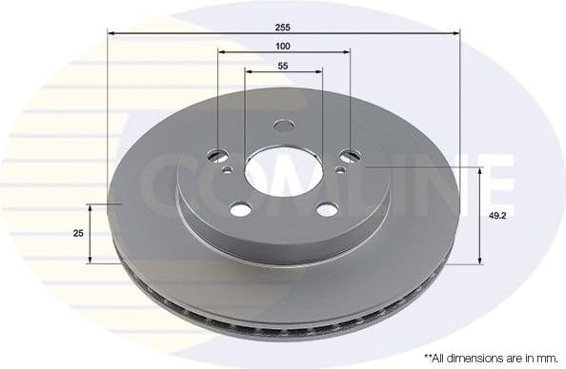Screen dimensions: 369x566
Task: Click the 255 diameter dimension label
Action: click(x=282, y=23)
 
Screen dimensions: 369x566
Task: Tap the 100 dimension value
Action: click(x=283, y=46)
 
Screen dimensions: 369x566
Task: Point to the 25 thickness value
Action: click(x=77, y=233)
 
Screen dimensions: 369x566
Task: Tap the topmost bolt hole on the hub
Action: click(x=284, y=126)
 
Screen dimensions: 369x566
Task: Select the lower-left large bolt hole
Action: click(x=240, y=209)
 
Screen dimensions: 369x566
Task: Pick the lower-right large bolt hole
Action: click(x=326, y=210)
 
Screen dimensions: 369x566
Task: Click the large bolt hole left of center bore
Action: click(x=217, y=154)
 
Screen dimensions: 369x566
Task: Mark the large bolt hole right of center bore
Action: click(x=350, y=155)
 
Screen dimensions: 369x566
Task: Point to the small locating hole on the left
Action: click(x=227, y=171)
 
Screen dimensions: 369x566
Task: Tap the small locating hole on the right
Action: click(x=340, y=172)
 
